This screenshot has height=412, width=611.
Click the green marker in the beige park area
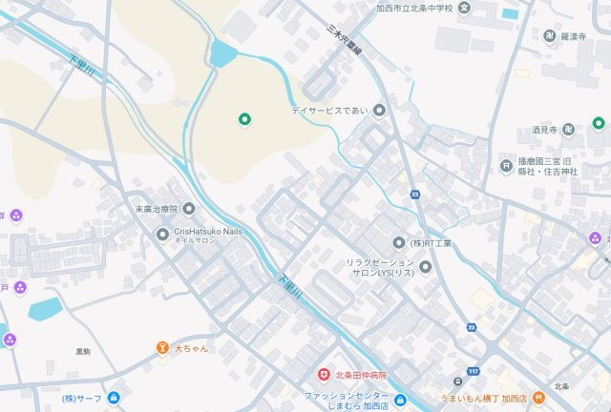(243, 119)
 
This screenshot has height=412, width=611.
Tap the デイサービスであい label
(330, 112)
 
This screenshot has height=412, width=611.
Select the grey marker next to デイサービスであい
(379, 112)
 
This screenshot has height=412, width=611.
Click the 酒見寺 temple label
(546, 129)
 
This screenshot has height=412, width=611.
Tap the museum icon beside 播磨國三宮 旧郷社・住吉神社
(505, 164)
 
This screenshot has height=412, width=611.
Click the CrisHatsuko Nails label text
(207, 231)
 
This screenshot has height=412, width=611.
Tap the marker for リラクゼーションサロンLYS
(426, 267)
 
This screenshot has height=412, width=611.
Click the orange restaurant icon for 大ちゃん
(163, 348)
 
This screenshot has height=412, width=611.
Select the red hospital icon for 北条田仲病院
(324, 375)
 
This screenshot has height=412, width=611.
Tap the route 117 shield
(474, 371)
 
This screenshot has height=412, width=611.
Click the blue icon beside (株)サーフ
(115, 398)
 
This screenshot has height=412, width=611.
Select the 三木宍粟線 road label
(344, 42)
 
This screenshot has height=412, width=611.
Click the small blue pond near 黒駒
(45, 309)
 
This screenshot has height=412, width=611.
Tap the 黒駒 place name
(83, 352)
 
